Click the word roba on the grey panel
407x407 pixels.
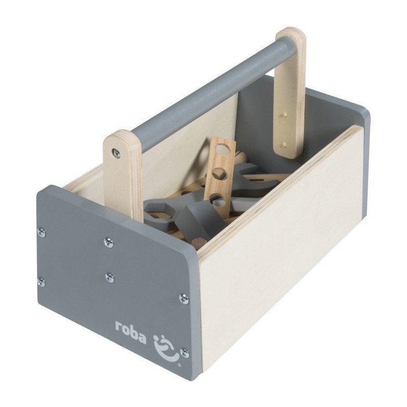tap(131, 333)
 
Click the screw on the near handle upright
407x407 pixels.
tap(117, 153)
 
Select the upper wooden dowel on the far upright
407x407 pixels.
tap(285, 114)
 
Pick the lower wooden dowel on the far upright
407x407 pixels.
tap(284, 143)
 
